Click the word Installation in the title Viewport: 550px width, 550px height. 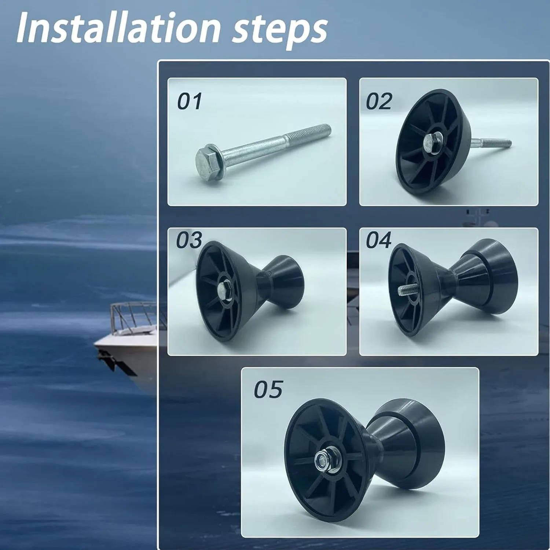[118, 27]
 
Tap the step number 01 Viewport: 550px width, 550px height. [189, 101]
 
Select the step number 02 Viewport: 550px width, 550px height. [379, 101]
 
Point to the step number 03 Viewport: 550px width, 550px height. [189, 240]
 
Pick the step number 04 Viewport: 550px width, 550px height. [379, 240]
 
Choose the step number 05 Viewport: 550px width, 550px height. [268, 389]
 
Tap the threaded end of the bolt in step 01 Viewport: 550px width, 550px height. [308, 134]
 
